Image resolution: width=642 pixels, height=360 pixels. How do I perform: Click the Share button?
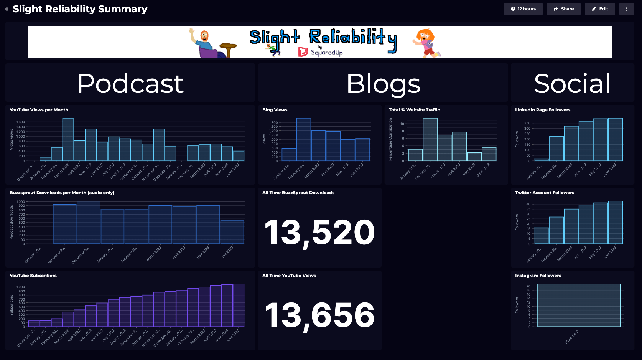pyautogui.click(x=563, y=9)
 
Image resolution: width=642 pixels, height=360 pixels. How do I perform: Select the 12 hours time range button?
pyautogui.click(x=523, y=9)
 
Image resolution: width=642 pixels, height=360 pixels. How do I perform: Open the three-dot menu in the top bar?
pyautogui.click(x=627, y=9)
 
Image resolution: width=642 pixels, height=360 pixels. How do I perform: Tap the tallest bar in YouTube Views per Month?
pyautogui.click(x=68, y=139)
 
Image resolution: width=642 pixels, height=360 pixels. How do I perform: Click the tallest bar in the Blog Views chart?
pyautogui.click(x=303, y=139)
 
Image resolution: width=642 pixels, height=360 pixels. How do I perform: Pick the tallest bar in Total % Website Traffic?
pyautogui.click(x=430, y=139)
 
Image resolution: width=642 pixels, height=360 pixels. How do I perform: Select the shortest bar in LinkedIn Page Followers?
pyautogui.click(x=542, y=160)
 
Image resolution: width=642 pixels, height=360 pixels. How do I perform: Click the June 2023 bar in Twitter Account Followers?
pyautogui.click(x=615, y=222)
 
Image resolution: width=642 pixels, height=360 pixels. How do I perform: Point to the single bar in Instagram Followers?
pyautogui.click(x=579, y=305)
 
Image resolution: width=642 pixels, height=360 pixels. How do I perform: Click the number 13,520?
pyautogui.click(x=319, y=233)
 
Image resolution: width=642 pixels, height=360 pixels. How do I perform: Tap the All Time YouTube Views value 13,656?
pyautogui.click(x=319, y=315)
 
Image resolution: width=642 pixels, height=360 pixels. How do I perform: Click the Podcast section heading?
pyautogui.click(x=130, y=83)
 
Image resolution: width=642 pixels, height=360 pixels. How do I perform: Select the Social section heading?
pyautogui.click(x=572, y=83)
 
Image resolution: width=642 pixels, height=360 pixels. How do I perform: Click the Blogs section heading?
pyautogui.click(x=383, y=83)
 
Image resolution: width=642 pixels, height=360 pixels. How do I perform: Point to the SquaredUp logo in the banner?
pyautogui.click(x=321, y=52)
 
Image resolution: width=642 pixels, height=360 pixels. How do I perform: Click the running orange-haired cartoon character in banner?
pyautogui.click(x=426, y=43)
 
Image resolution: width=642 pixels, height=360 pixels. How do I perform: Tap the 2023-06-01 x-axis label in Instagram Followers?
pyautogui.click(x=572, y=336)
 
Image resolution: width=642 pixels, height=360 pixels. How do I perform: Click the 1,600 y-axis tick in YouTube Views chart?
pyautogui.click(x=20, y=122)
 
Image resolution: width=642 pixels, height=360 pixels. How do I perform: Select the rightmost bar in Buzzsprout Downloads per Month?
pyautogui.click(x=232, y=232)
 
